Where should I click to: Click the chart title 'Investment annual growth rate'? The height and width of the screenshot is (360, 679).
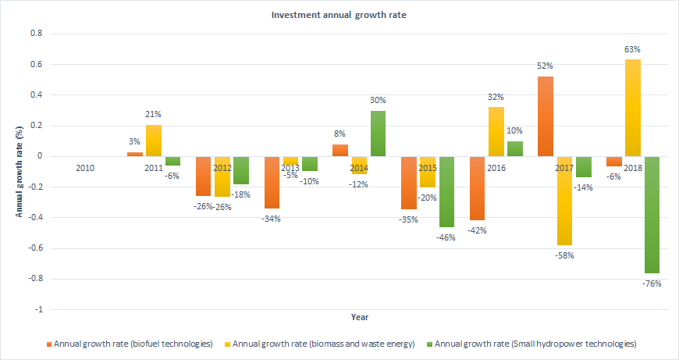pos(339,15)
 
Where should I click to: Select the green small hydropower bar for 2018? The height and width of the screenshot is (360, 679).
pos(652,214)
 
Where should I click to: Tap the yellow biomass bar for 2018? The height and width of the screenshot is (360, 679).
pos(634,108)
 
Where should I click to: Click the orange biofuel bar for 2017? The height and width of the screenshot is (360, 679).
pos(546,116)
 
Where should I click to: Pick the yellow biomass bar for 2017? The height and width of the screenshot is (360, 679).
pos(565,201)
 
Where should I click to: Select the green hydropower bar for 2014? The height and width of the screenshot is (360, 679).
pos(378,134)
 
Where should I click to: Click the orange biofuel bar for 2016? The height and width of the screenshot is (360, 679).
pos(478,188)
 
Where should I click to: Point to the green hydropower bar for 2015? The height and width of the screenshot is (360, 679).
pos(446,191)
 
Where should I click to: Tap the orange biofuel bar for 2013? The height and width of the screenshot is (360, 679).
pos(272,182)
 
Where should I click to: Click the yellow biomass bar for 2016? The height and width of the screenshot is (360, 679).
pos(496,132)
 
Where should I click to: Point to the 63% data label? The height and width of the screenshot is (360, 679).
pos(634,49)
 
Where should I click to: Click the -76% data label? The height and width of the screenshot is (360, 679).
pos(652,283)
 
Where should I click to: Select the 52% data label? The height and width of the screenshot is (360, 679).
pos(546,66)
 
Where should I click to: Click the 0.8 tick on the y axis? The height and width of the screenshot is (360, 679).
pos(35,34)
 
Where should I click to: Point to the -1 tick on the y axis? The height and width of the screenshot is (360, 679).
pos(37,310)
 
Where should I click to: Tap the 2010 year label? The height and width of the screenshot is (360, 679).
pos(85,168)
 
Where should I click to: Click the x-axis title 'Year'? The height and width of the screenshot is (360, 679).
pos(359,318)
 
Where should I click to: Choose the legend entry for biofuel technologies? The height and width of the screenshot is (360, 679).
pos(130,344)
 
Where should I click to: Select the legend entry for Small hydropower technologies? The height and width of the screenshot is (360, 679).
pos(535,344)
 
